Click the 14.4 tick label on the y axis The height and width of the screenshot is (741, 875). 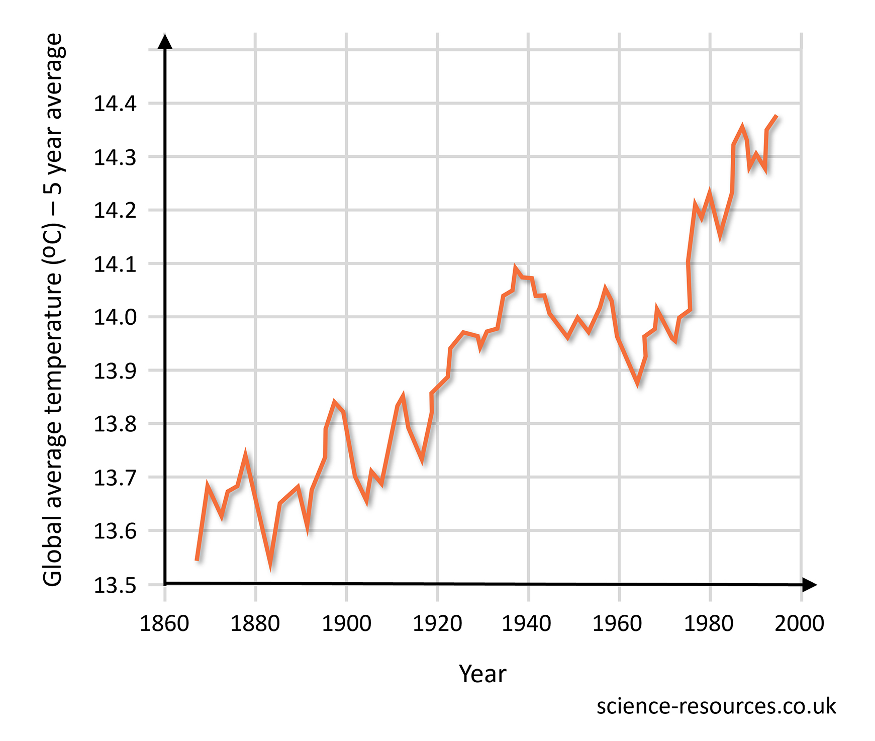pos(115,104)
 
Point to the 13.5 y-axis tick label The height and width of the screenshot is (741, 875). pos(115,586)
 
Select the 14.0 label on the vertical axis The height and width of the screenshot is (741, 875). pos(115,318)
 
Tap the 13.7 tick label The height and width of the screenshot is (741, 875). pos(115,478)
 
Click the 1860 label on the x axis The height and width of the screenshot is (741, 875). pos(164,623)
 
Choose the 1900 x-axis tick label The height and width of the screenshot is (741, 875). pos(346,623)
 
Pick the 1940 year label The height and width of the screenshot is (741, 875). pos(527,623)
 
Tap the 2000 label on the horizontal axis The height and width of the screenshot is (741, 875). pos(799,623)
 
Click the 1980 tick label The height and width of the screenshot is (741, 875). pos(709,623)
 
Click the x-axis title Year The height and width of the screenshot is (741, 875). pos(482,674)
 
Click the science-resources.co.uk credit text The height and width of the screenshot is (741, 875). pos(716,706)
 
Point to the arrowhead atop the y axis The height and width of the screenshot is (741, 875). pos(165,41)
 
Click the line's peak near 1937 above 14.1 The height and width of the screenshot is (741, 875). pos(515,267)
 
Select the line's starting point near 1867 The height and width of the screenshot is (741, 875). pos(197,560)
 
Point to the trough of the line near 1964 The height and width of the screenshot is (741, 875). pos(638,383)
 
